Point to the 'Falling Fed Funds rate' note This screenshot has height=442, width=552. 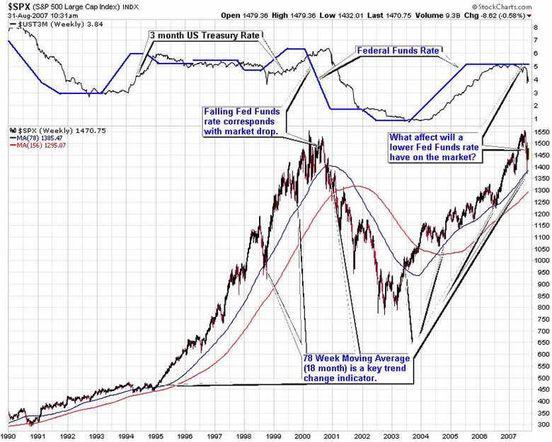[243, 122]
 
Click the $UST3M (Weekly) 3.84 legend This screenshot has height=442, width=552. [46, 25]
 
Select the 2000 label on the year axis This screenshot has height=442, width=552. [302, 436]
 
